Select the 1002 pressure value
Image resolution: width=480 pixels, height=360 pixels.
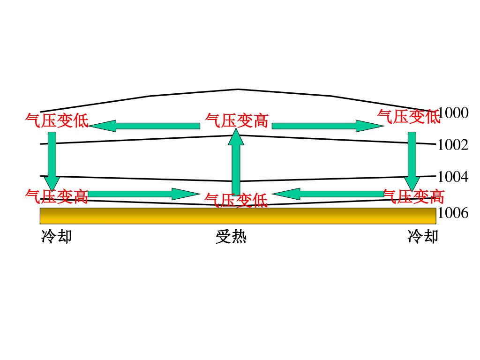[x=453, y=145]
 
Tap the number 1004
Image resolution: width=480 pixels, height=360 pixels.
[x=453, y=177]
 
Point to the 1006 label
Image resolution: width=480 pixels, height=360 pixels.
[x=453, y=213]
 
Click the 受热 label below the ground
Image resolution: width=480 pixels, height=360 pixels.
[x=231, y=237]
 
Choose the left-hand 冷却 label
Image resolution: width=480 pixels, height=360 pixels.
[x=57, y=236]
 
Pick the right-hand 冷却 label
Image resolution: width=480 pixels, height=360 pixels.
[x=423, y=236]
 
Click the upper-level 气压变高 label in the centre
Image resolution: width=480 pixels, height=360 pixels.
[x=237, y=121]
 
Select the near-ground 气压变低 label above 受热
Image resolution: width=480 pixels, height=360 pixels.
[x=236, y=201]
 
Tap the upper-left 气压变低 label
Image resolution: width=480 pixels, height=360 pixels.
[x=57, y=120]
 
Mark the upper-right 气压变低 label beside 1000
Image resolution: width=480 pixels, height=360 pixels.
[x=409, y=116]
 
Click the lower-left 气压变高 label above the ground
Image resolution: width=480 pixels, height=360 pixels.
[x=57, y=196]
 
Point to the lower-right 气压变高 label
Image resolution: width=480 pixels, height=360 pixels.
[x=413, y=196]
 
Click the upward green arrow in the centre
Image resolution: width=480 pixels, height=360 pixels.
[x=236, y=162]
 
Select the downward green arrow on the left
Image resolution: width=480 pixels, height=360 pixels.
[x=52, y=159]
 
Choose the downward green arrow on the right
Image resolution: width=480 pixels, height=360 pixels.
[x=412, y=159]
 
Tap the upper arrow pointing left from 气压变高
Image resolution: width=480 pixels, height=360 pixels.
[x=144, y=126]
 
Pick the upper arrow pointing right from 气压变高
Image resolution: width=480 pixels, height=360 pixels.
[x=327, y=126]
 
